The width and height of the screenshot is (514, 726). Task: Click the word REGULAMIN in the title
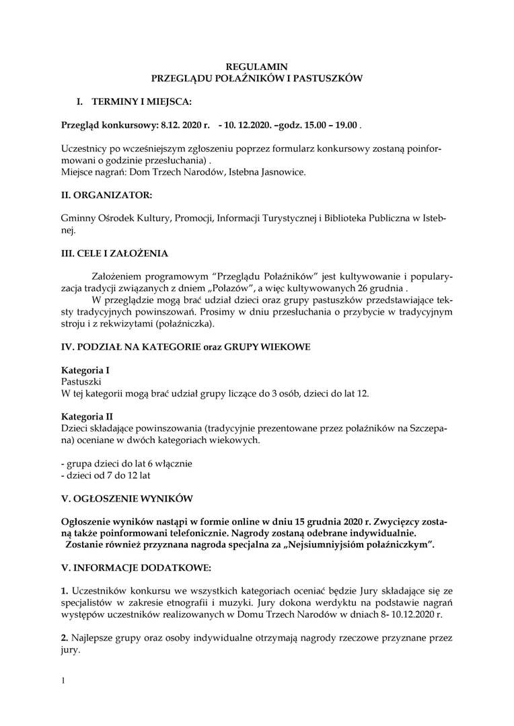tap(256, 67)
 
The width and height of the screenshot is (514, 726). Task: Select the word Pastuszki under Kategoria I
tap(81, 381)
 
